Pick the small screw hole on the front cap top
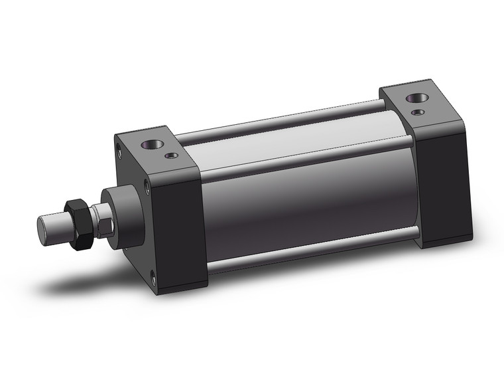[173, 156]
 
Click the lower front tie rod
[312, 250]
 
